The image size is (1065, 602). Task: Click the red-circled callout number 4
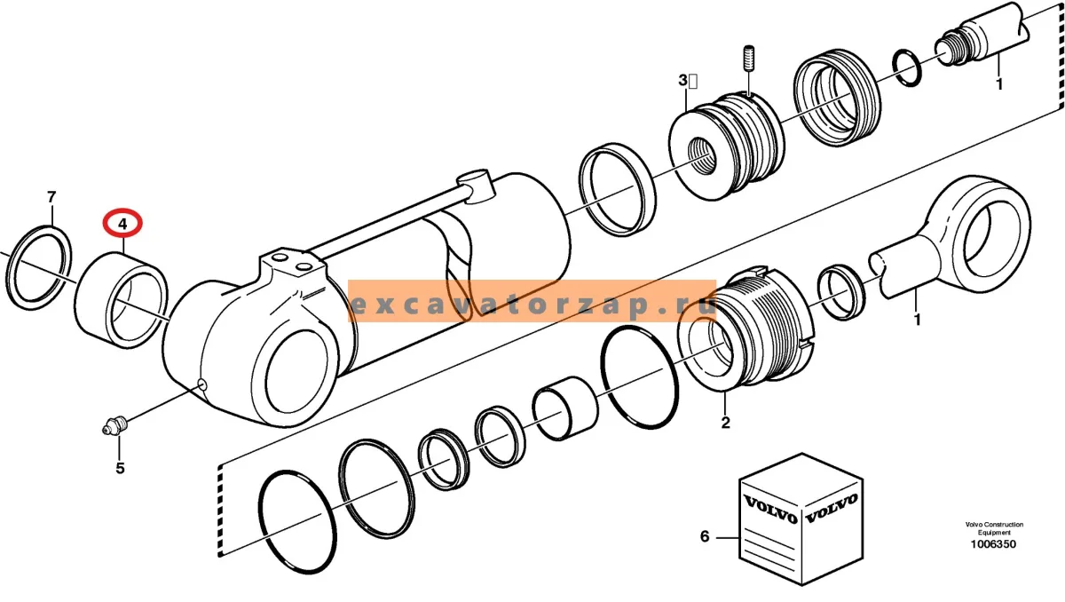click(x=122, y=224)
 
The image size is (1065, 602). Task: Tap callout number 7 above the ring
click(x=51, y=196)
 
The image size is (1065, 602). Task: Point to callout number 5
click(x=120, y=469)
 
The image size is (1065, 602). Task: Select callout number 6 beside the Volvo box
click(x=705, y=536)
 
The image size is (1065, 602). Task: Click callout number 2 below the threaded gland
click(x=725, y=423)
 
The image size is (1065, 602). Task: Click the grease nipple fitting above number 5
click(x=115, y=424)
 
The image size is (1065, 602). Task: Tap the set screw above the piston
click(x=749, y=59)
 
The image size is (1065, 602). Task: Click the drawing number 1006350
click(x=993, y=544)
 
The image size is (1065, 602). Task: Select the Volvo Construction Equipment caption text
click(x=994, y=528)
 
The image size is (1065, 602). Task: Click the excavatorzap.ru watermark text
click(x=532, y=305)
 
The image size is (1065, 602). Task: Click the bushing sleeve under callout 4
click(x=122, y=300)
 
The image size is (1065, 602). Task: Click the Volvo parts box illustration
click(x=801, y=519)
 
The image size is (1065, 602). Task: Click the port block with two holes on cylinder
click(x=291, y=265)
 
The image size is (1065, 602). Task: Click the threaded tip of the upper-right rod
click(x=950, y=48)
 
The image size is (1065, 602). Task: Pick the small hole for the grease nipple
click(x=202, y=384)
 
